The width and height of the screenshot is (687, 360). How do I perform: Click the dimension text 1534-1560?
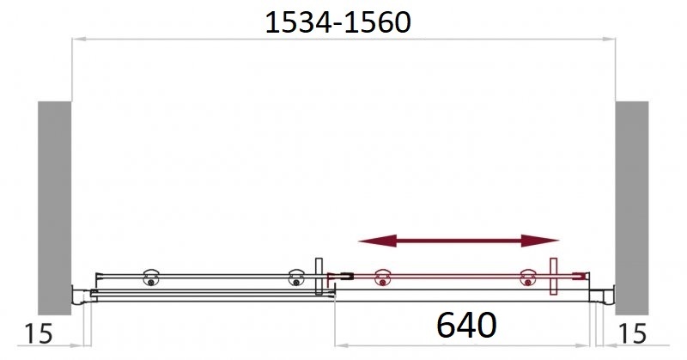[337, 23]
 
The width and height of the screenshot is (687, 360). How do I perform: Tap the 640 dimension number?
[466, 325]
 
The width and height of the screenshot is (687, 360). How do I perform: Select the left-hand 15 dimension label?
[39, 334]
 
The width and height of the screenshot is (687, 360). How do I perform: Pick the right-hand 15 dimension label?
[632, 334]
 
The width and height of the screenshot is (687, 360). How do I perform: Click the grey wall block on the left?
[54, 208]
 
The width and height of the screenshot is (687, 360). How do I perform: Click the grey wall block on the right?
[632, 208]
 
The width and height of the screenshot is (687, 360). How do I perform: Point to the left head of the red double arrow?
[377, 241]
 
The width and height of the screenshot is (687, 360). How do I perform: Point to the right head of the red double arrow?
[540, 241]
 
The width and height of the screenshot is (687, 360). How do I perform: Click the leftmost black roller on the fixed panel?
[151, 278]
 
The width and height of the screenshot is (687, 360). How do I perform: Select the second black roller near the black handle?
[296, 278]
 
